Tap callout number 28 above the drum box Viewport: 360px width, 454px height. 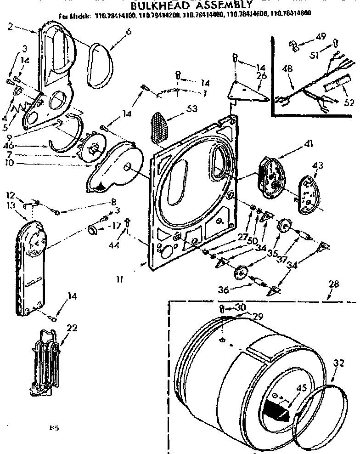(333, 284)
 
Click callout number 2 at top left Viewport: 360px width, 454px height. (11, 26)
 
